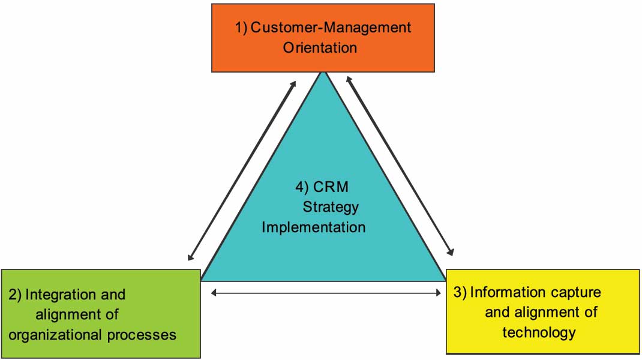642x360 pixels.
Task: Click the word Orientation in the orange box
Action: pos(320,47)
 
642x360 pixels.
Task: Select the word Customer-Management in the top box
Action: pos(331,27)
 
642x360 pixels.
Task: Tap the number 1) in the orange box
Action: pos(241,27)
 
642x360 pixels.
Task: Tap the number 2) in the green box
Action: pos(15,295)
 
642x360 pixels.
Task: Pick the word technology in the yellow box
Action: pos(539,332)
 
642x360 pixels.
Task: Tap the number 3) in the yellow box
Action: pos(460,292)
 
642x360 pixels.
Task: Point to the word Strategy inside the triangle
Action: pos(331,207)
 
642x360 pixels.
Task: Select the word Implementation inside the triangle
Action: pos(313,227)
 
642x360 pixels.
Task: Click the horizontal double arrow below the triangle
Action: pos(326,293)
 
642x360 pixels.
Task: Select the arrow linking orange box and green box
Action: pos(242,170)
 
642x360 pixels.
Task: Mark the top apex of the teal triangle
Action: pos(325,73)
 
